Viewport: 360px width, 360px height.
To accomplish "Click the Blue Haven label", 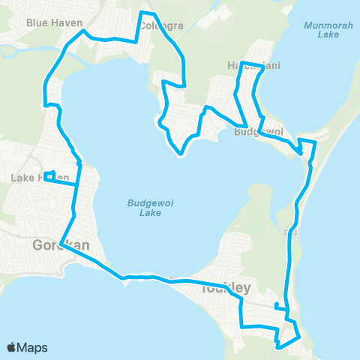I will tap(53, 22).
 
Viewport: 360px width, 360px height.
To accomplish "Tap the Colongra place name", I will tap(160, 26).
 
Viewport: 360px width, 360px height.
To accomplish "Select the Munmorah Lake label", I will tap(322, 29).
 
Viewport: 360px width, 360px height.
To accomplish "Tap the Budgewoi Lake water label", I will tap(145, 207).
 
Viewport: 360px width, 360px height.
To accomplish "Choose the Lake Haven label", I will tap(30, 178).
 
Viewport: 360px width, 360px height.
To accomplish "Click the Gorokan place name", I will tap(50, 244).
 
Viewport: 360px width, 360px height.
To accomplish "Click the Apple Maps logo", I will tap(27, 347).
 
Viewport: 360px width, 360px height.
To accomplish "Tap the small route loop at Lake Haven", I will tap(49, 177).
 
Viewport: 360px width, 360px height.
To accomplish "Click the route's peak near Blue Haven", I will tap(85, 31).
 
